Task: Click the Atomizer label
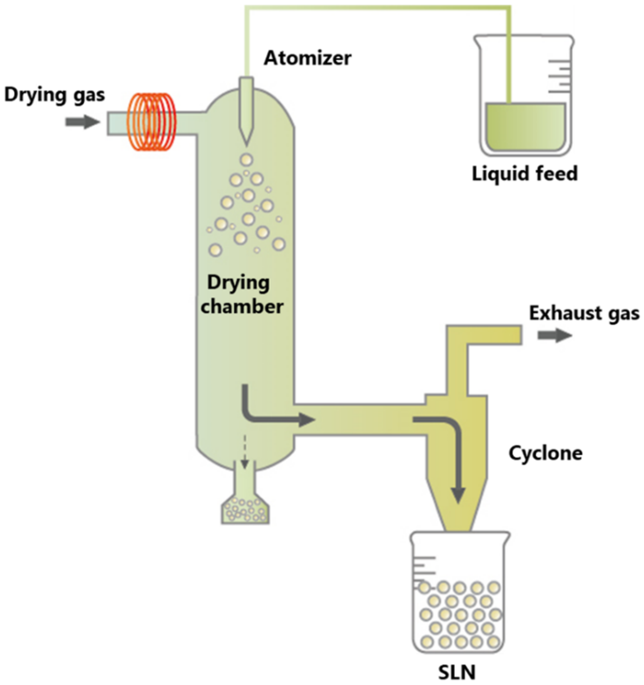coord(307,58)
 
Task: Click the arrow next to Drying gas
coord(82,122)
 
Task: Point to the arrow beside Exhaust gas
coord(555,335)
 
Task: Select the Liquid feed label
coord(524,174)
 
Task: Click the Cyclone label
coord(546,453)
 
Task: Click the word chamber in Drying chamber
coord(242,306)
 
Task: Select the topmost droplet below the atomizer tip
coord(246,159)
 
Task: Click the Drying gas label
coord(54,94)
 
